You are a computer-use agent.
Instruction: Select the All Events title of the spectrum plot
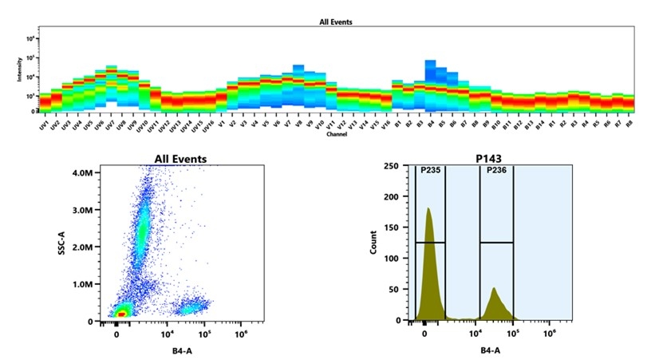click(x=330, y=22)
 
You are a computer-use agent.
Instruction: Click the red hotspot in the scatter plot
click(x=120, y=315)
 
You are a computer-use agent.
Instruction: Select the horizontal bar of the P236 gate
click(x=496, y=242)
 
